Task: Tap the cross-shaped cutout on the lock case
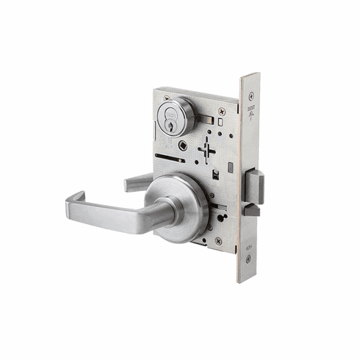pos(208,150)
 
